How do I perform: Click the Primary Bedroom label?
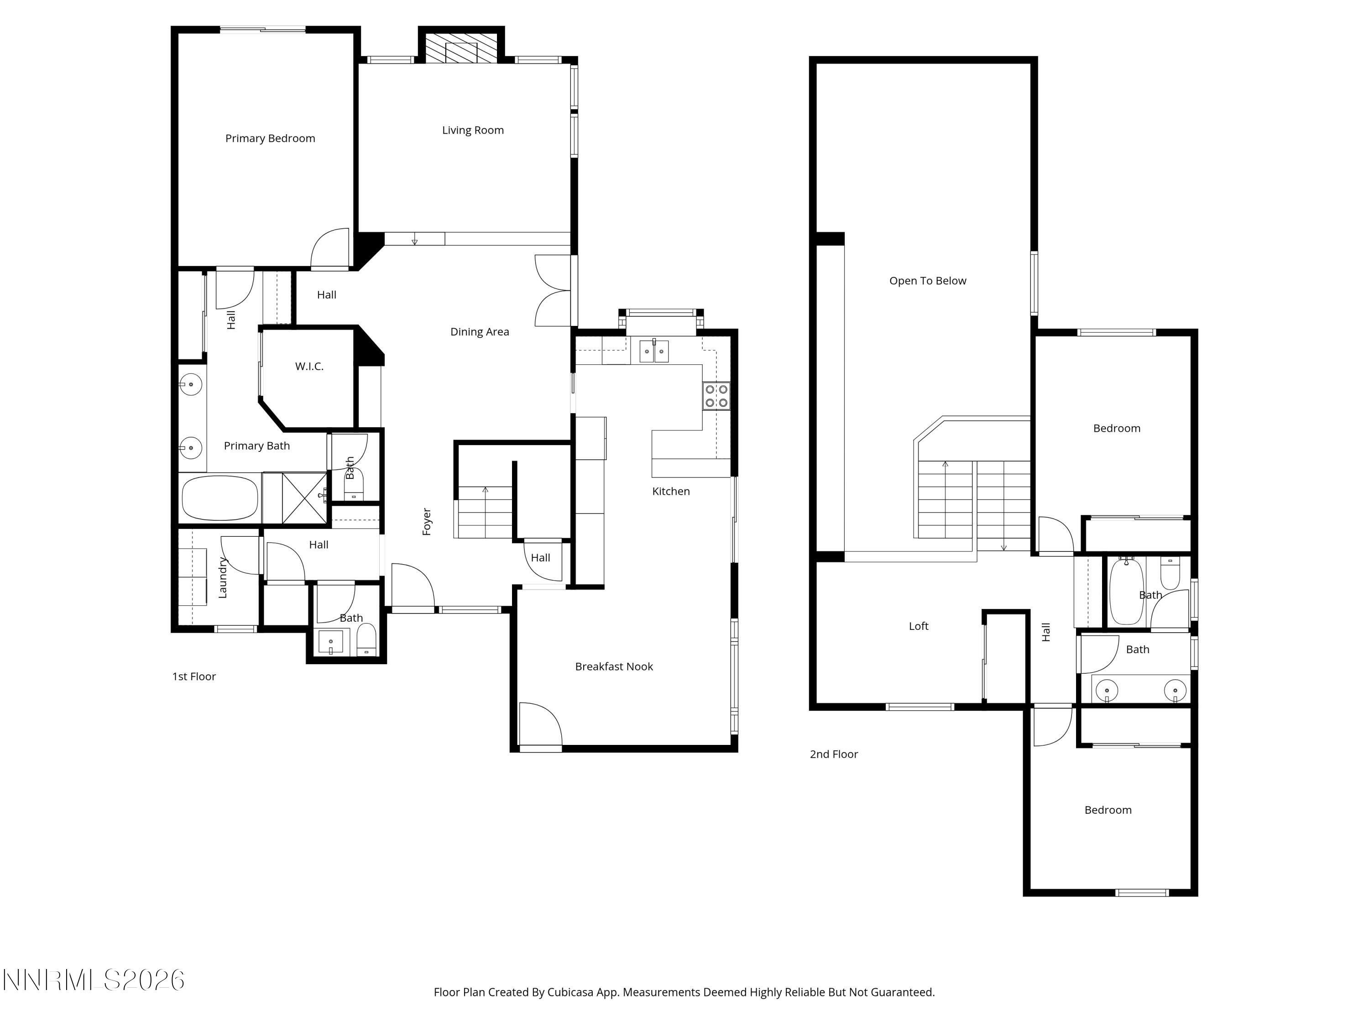click(270, 138)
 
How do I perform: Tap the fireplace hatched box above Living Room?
click(461, 47)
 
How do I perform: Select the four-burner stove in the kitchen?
click(716, 396)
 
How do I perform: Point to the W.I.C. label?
click(309, 367)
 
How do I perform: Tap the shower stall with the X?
click(304, 497)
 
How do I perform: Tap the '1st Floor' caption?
click(194, 676)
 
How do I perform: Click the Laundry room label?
click(223, 577)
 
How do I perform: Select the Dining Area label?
click(479, 332)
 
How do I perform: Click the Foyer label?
click(426, 521)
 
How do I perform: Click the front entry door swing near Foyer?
click(412, 585)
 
